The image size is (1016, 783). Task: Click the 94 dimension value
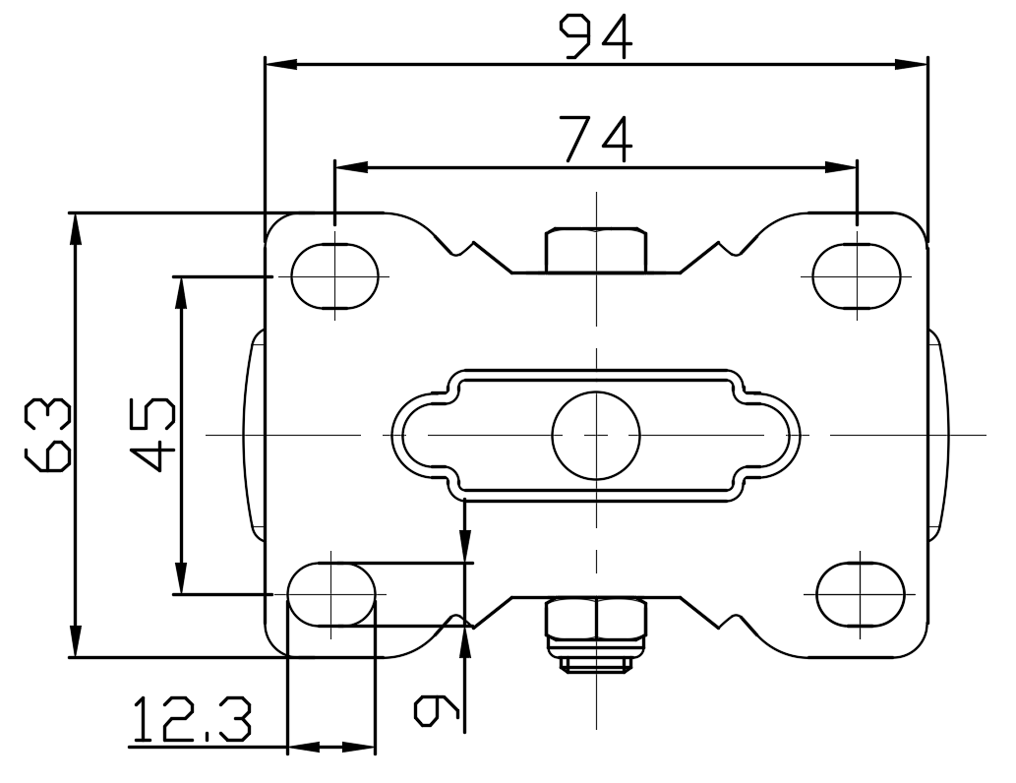click(595, 37)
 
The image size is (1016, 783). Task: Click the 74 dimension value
click(595, 139)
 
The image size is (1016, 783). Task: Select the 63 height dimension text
click(47, 435)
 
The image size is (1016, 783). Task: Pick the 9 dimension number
click(437, 710)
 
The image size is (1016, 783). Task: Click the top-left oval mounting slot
click(334, 276)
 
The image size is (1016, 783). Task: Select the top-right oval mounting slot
click(857, 276)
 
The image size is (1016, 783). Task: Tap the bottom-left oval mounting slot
click(331, 594)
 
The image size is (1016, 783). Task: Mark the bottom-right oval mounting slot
click(861, 594)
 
